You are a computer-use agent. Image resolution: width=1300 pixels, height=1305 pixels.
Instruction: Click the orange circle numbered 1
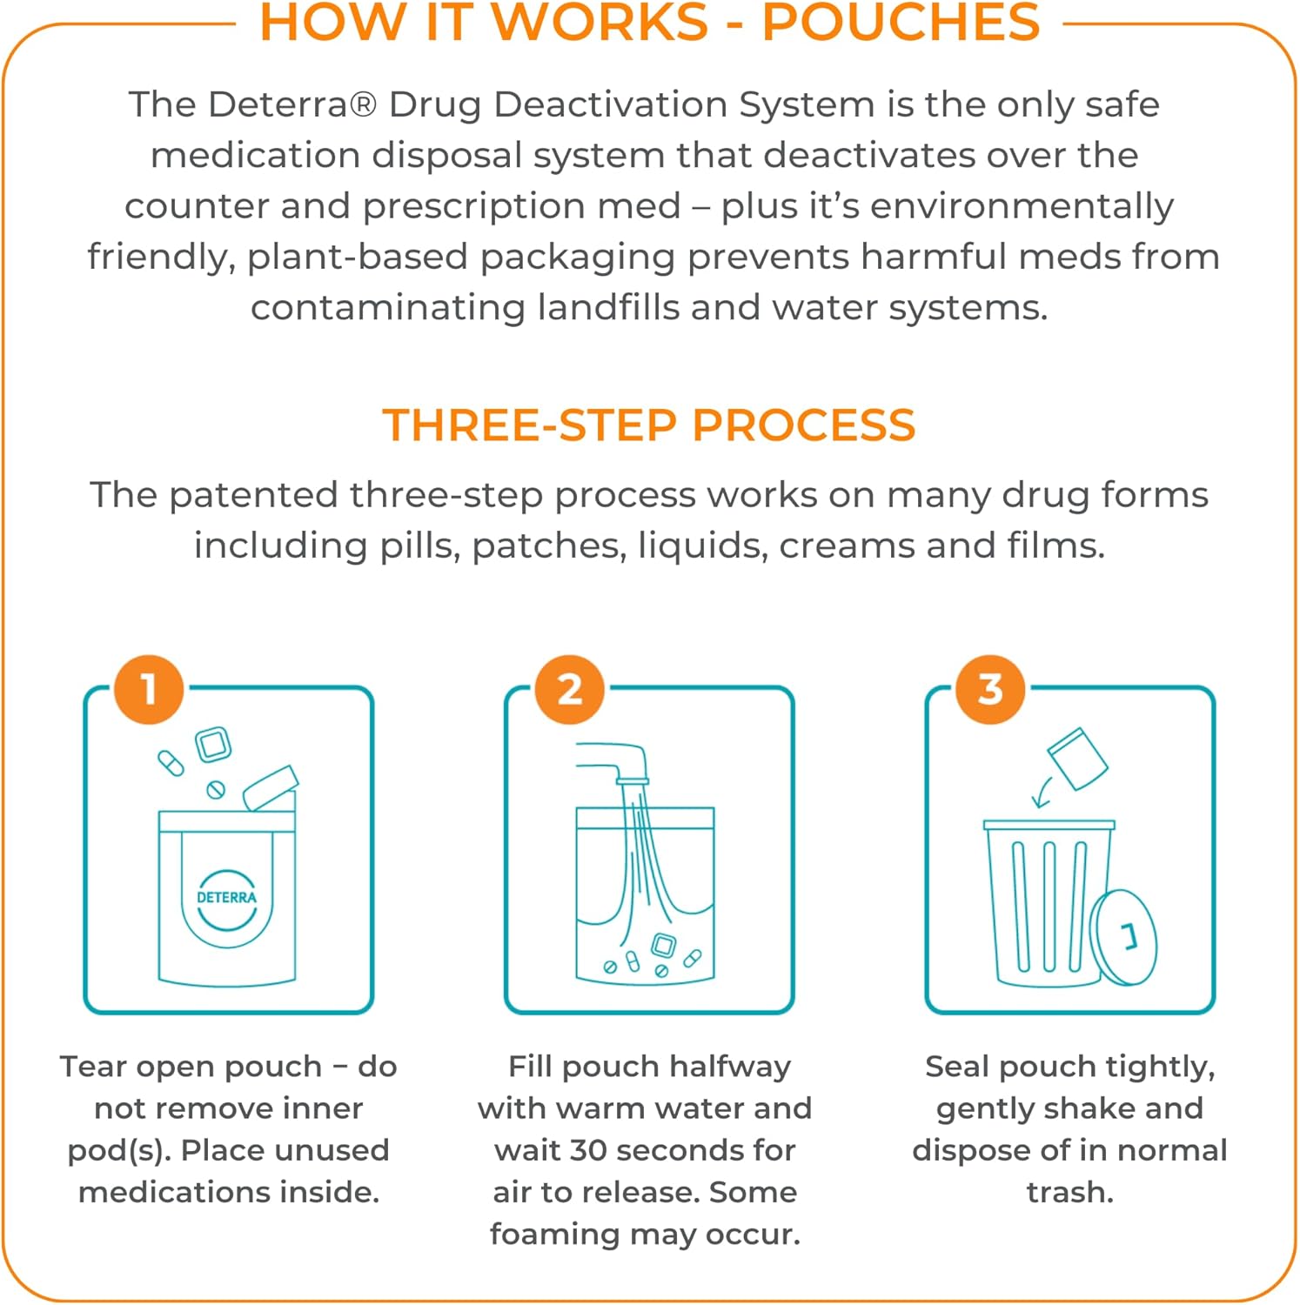pyautogui.click(x=149, y=690)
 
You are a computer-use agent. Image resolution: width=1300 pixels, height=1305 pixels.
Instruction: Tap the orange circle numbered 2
pyautogui.click(x=569, y=690)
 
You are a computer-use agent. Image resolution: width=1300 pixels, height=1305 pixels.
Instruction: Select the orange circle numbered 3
pyautogui.click(x=989, y=690)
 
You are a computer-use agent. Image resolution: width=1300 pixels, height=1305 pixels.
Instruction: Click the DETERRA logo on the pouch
pyautogui.click(x=227, y=898)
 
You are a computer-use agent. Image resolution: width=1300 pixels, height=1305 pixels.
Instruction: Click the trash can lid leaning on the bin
pyautogui.click(x=1125, y=937)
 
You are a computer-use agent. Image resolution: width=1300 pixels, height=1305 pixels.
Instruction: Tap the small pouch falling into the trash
pyautogui.click(x=1077, y=759)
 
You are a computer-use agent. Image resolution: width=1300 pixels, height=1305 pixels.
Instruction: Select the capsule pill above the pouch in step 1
pyautogui.click(x=171, y=763)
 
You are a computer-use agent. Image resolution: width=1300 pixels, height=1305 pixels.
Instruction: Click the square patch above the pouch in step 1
pyautogui.click(x=213, y=745)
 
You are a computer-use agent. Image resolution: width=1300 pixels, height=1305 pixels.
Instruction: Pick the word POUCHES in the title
pyautogui.click(x=901, y=23)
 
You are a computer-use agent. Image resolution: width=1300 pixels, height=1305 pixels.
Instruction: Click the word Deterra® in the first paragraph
pyautogui.click(x=292, y=104)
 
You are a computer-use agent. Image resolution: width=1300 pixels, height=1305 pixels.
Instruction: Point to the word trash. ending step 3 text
pyautogui.click(x=1069, y=1192)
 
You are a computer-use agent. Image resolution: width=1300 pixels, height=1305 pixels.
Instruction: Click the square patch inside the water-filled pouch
pyautogui.click(x=664, y=946)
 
